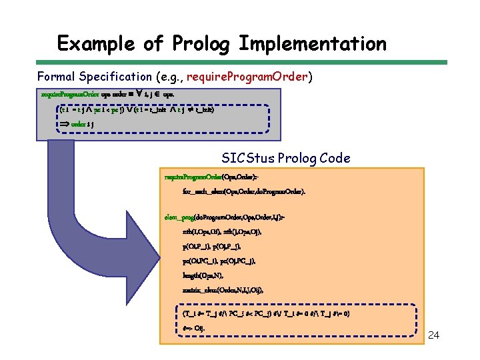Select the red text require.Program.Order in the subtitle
click(247, 77)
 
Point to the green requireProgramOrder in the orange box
click(193, 177)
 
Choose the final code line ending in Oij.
click(193, 327)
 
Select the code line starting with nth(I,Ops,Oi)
click(221, 231)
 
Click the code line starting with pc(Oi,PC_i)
click(218, 261)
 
